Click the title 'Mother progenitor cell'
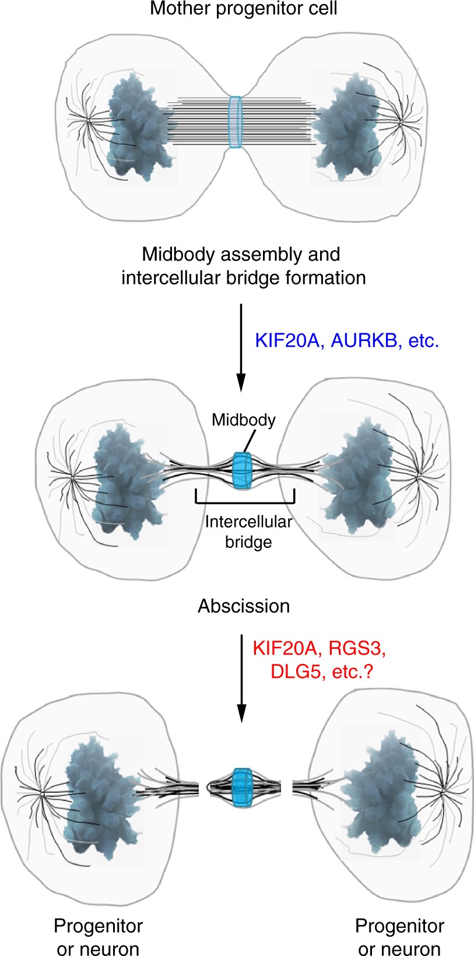(x=243, y=9)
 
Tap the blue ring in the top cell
(x=235, y=122)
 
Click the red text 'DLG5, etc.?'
(x=321, y=672)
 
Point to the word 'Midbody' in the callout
(x=244, y=420)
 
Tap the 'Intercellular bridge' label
(x=248, y=532)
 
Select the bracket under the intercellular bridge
(x=245, y=502)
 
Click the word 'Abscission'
(x=244, y=606)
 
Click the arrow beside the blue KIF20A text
(x=240, y=347)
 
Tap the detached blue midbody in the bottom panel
(x=241, y=788)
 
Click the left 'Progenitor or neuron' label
(x=98, y=937)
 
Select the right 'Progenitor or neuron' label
(x=399, y=937)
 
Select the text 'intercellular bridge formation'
(x=243, y=277)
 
